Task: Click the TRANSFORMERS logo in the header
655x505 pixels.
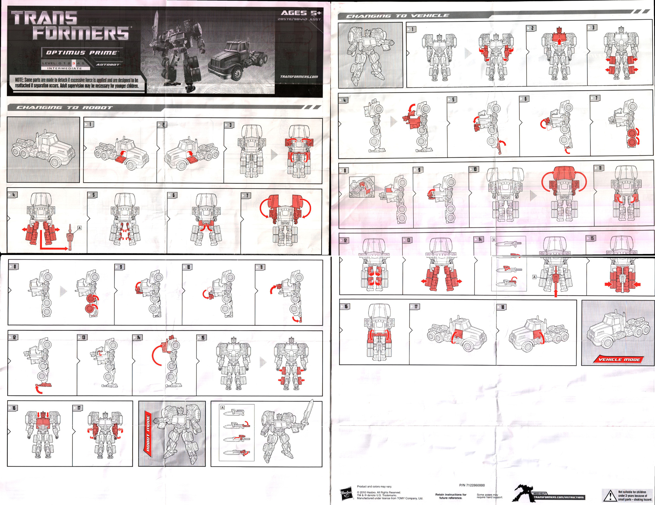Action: (x=70, y=26)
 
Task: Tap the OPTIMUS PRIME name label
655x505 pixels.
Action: (x=81, y=52)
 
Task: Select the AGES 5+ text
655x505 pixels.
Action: (x=301, y=13)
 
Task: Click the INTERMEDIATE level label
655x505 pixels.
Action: (x=65, y=68)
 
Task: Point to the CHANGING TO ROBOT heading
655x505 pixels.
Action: (x=64, y=107)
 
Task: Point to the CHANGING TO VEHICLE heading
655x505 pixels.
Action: (x=397, y=16)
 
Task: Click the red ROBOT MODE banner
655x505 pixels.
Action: (x=148, y=433)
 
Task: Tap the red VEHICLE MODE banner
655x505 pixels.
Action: (x=619, y=359)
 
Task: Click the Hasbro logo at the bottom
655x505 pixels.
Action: (x=346, y=494)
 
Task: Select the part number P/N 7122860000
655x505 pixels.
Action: (x=472, y=485)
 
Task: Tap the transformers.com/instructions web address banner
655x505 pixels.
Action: (x=558, y=497)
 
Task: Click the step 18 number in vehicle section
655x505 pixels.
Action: (x=502, y=307)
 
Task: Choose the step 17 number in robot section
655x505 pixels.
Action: (x=79, y=408)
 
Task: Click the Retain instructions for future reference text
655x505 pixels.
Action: (x=451, y=496)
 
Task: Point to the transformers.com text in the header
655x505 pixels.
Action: (x=299, y=77)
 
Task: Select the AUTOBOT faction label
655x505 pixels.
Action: (x=108, y=65)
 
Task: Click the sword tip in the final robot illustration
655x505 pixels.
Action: (x=312, y=401)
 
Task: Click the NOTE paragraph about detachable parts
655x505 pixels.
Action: (x=77, y=83)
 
